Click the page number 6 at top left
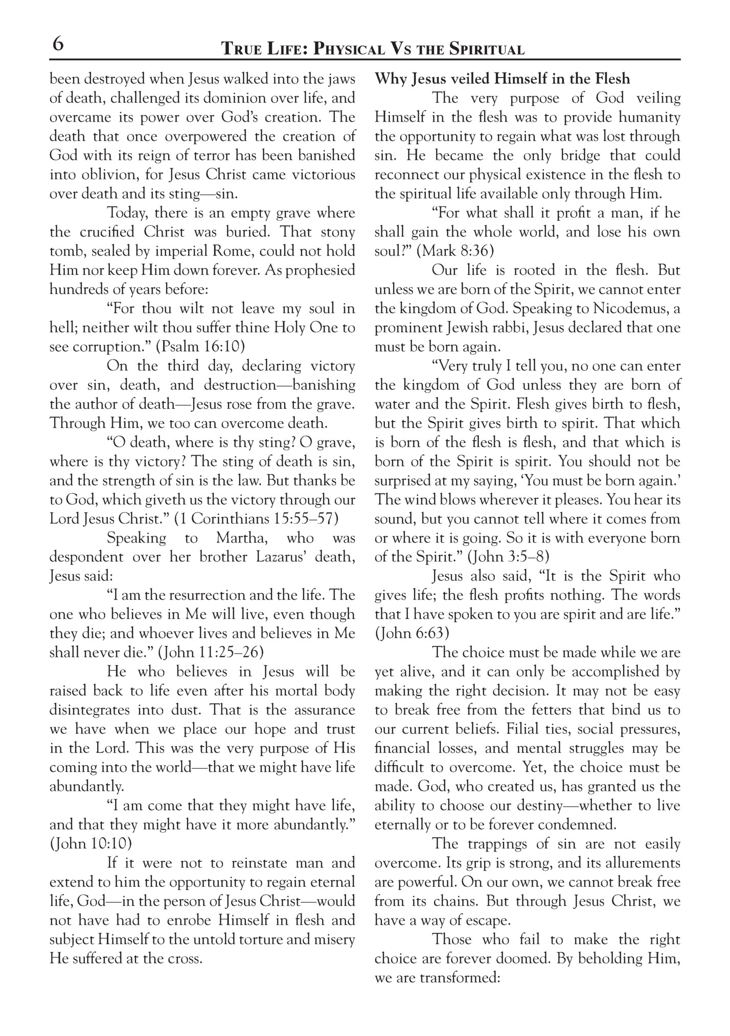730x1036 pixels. point(58,45)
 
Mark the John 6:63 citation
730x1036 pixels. point(412,633)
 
